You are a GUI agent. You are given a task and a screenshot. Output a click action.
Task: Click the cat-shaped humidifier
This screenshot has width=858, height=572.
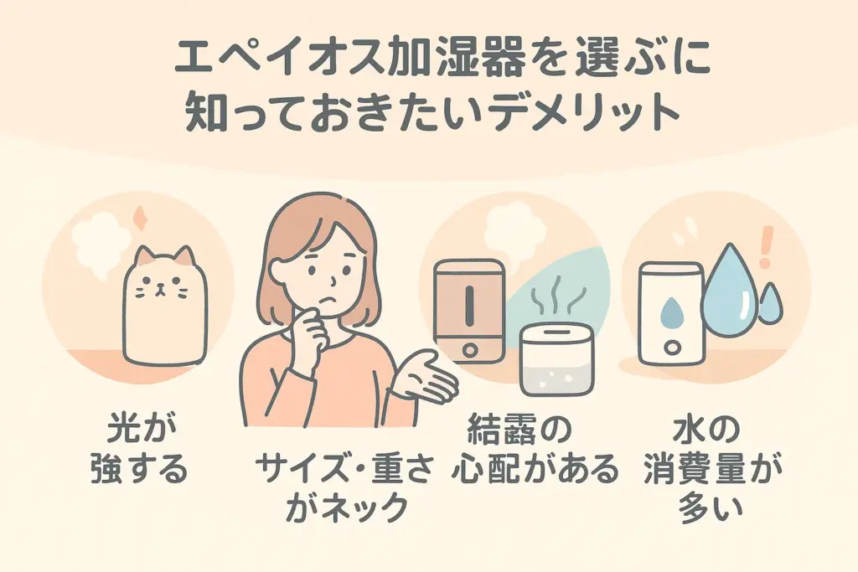point(165,308)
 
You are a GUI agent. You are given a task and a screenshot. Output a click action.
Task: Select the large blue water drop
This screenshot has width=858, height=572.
point(731,290)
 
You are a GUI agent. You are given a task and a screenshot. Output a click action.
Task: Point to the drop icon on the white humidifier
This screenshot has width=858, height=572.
point(670,311)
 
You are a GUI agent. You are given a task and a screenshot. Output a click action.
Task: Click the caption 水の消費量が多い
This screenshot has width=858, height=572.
point(711,468)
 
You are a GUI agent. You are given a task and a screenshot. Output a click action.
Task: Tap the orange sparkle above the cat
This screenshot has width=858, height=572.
point(140,218)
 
